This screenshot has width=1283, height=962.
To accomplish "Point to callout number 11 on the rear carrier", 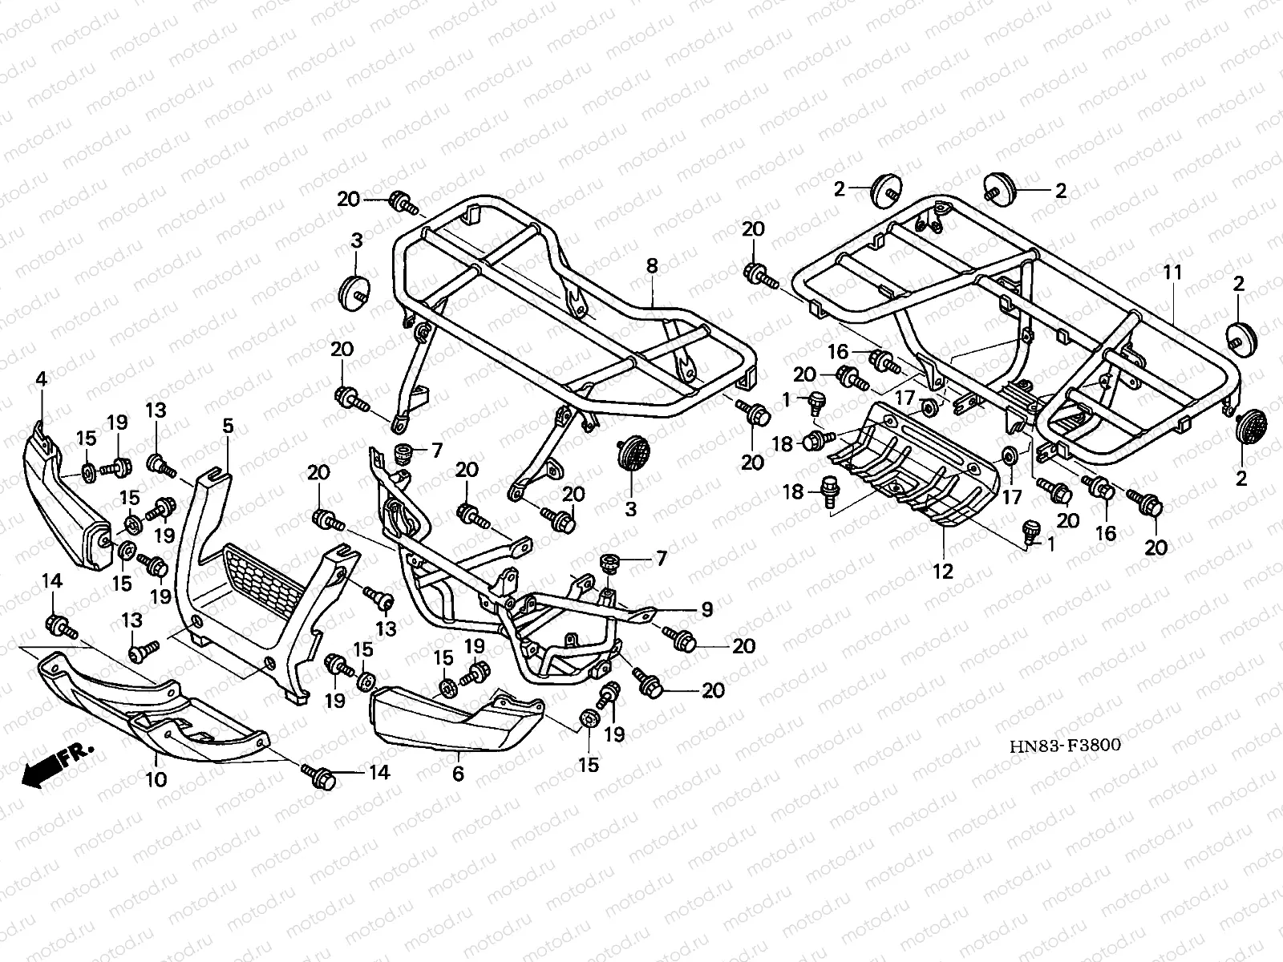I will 1172,273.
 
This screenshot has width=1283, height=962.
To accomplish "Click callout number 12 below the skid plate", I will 943,572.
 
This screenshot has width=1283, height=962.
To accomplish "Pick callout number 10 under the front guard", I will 156,778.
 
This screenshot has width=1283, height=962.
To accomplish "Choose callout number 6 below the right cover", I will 458,773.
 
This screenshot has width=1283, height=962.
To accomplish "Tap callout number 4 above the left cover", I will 41,378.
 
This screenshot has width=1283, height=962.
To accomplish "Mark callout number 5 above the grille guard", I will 228,426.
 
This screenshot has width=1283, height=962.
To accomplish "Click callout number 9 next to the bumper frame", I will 706,610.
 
